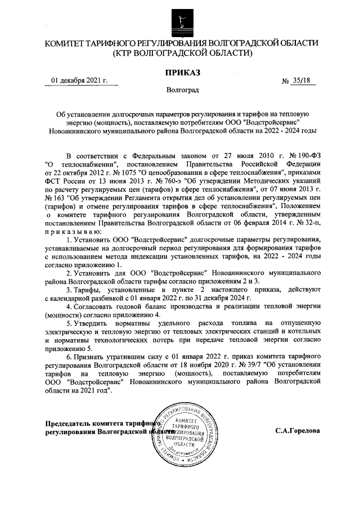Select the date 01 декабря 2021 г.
click(x=79, y=80)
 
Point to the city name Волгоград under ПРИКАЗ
click(x=182, y=90)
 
